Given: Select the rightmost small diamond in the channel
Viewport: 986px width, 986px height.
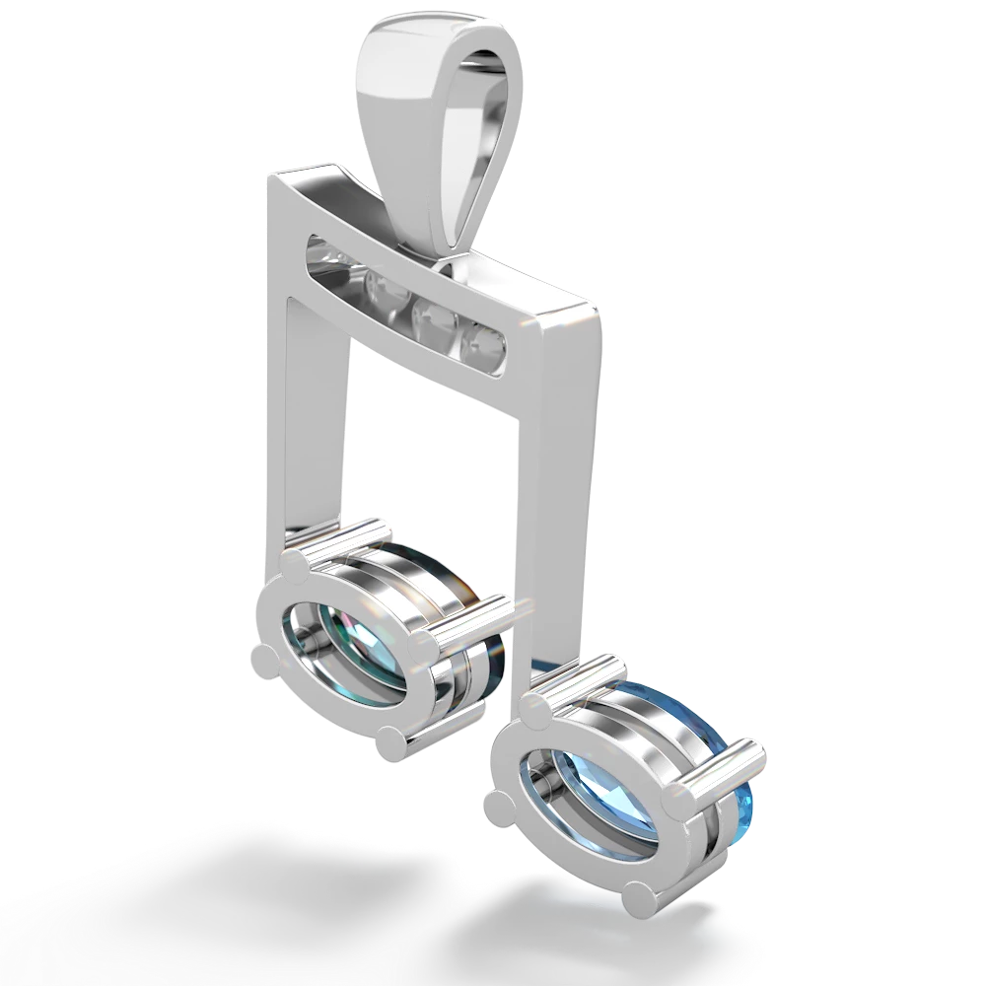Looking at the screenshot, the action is coord(485,344).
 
